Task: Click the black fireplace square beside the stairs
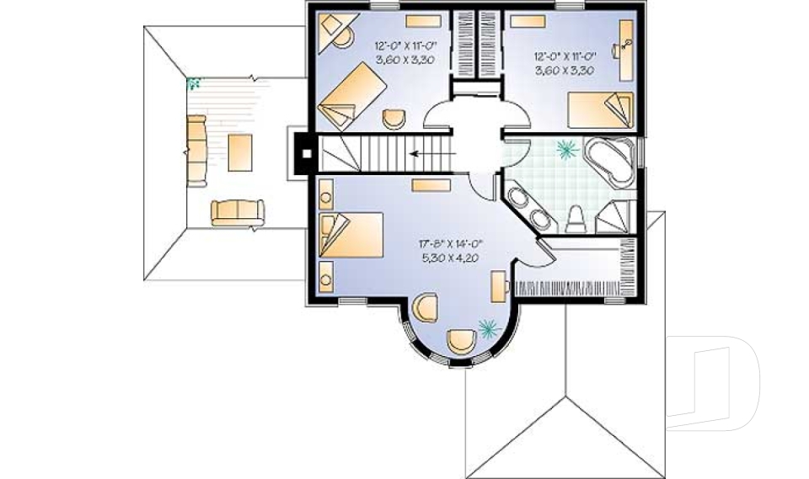308,154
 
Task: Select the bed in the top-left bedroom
353,97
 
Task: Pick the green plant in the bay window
487,326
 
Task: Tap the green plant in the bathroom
566,150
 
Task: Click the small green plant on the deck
195,82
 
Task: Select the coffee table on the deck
239,152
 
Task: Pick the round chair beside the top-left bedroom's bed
394,119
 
